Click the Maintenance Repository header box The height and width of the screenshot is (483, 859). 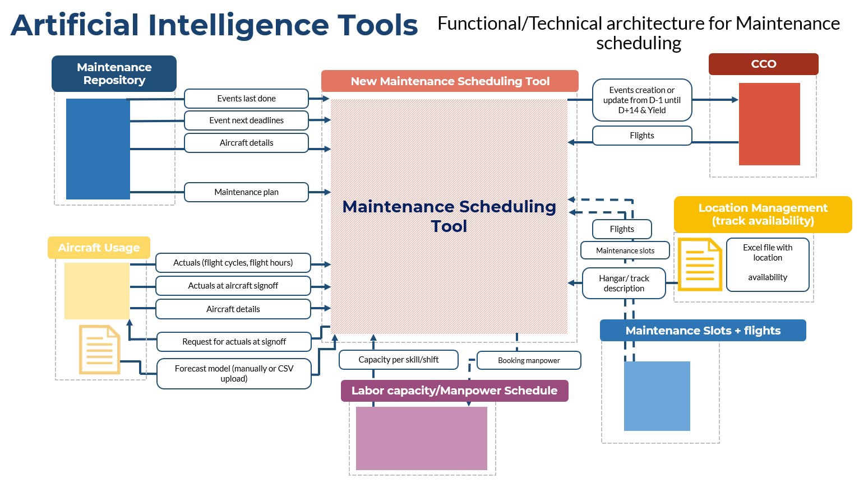pyautogui.click(x=114, y=73)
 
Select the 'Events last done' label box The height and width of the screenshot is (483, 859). pyautogui.click(x=246, y=99)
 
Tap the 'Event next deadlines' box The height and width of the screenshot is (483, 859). pyautogui.click(x=246, y=120)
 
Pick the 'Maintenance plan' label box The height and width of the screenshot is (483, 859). pyautogui.click(x=246, y=192)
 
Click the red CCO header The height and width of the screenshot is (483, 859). pyautogui.click(x=764, y=64)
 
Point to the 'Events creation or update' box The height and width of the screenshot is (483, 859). pyautogui.click(x=642, y=100)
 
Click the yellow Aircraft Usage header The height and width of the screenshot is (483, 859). pyautogui.click(x=99, y=248)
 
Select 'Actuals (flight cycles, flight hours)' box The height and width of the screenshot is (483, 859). pyautogui.click(x=233, y=263)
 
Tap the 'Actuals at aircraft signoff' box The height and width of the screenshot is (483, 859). pyautogui.click(x=233, y=286)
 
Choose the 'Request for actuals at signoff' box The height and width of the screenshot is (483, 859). pyautogui.click(x=234, y=342)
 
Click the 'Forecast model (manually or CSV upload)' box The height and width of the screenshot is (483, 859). pyautogui.click(x=234, y=373)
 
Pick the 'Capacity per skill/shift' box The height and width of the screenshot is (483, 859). pyautogui.click(x=399, y=360)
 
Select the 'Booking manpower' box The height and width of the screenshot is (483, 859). pyautogui.click(x=529, y=360)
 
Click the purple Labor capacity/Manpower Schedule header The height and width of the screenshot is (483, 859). pyautogui.click(x=454, y=391)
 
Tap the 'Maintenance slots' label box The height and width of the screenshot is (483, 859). pyautogui.click(x=625, y=250)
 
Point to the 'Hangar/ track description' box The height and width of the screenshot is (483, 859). pyautogui.click(x=624, y=284)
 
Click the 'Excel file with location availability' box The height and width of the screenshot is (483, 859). pyautogui.click(x=768, y=264)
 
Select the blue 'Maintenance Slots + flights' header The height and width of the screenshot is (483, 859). pyautogui.click(x=703, y=331)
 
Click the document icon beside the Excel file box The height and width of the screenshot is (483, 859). pyautogui.click(x=700, y=264)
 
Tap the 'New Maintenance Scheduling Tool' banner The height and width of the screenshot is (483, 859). pyautogui.click(x=450, y=81)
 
